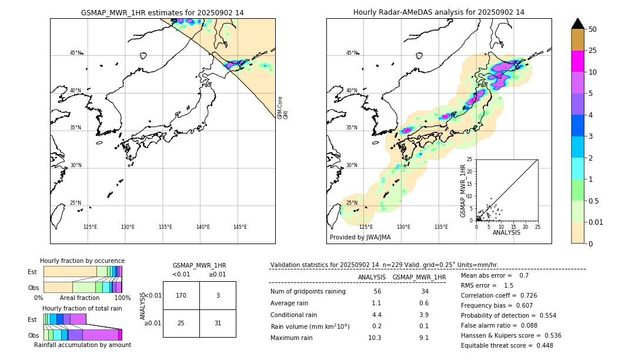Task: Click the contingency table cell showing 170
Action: [x=181, y=295]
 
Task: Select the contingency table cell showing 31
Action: [x=218, y=324]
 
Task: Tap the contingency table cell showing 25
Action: [x=181, y=324]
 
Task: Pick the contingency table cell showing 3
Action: [x=218, y=295]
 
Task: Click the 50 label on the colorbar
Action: [x=593, y=29]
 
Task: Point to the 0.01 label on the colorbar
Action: [x=596, y=222]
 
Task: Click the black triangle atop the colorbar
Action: [x=578, y=24]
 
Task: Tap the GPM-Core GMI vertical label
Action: [x=283, y=108]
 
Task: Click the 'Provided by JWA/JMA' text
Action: [x=360, y=237]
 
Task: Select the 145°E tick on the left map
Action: [x=240, y=227]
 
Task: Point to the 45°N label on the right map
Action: [x=352, y=53]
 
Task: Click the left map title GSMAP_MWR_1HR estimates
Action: [x=162, y=12]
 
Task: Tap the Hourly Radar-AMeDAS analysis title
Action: [x=439, y=12]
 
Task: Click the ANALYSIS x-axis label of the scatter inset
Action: [x=506, y=232]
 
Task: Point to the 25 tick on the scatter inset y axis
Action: [x=470, y=159]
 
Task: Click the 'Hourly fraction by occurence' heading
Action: [x=82, y=261]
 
